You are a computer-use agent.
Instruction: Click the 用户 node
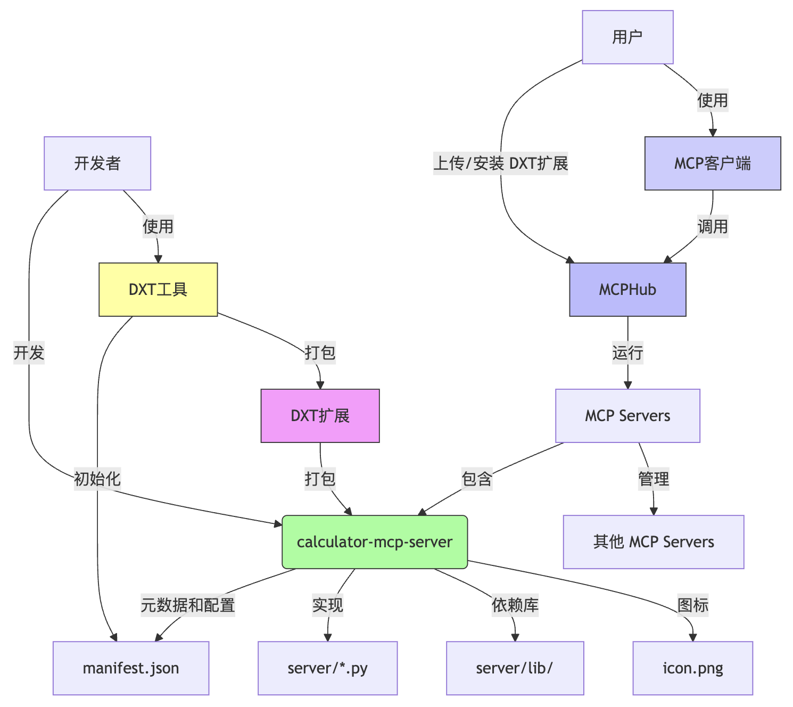pos(627,37)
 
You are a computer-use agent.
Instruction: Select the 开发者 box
pos(97,163)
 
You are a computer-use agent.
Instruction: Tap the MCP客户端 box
pos(713,163)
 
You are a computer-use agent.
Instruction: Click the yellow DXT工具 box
pos(158,290)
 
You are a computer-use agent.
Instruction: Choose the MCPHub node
pos(627,290)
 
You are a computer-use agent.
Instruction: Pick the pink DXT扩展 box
pos(320,416)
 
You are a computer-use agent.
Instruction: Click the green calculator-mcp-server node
pos(375,542)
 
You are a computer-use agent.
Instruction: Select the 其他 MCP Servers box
pos(654,542)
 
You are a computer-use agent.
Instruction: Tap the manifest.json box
pos(131,668)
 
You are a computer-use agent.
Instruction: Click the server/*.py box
pos(328,668)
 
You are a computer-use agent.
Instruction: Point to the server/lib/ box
pos(515,668)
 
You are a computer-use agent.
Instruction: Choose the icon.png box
pos(693,668)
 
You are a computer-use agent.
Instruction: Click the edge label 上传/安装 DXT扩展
pos(501,163)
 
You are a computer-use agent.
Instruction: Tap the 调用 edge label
pos(713,227)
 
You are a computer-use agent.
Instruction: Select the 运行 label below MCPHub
pos(627,353)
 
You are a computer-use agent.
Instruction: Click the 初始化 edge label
pos(97,479)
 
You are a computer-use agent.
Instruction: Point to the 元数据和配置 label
pos(188,605)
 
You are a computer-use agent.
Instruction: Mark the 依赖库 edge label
pos(515,605)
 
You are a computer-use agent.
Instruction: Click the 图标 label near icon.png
pos(693,605)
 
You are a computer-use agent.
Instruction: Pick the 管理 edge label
pos(654,479)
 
